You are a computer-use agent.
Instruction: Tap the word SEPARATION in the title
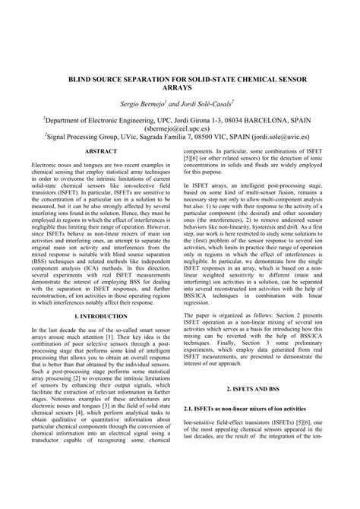tap(151, 77)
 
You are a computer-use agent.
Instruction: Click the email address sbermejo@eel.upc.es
tap(180, 128)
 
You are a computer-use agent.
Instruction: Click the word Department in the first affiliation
tap(68, 119)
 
